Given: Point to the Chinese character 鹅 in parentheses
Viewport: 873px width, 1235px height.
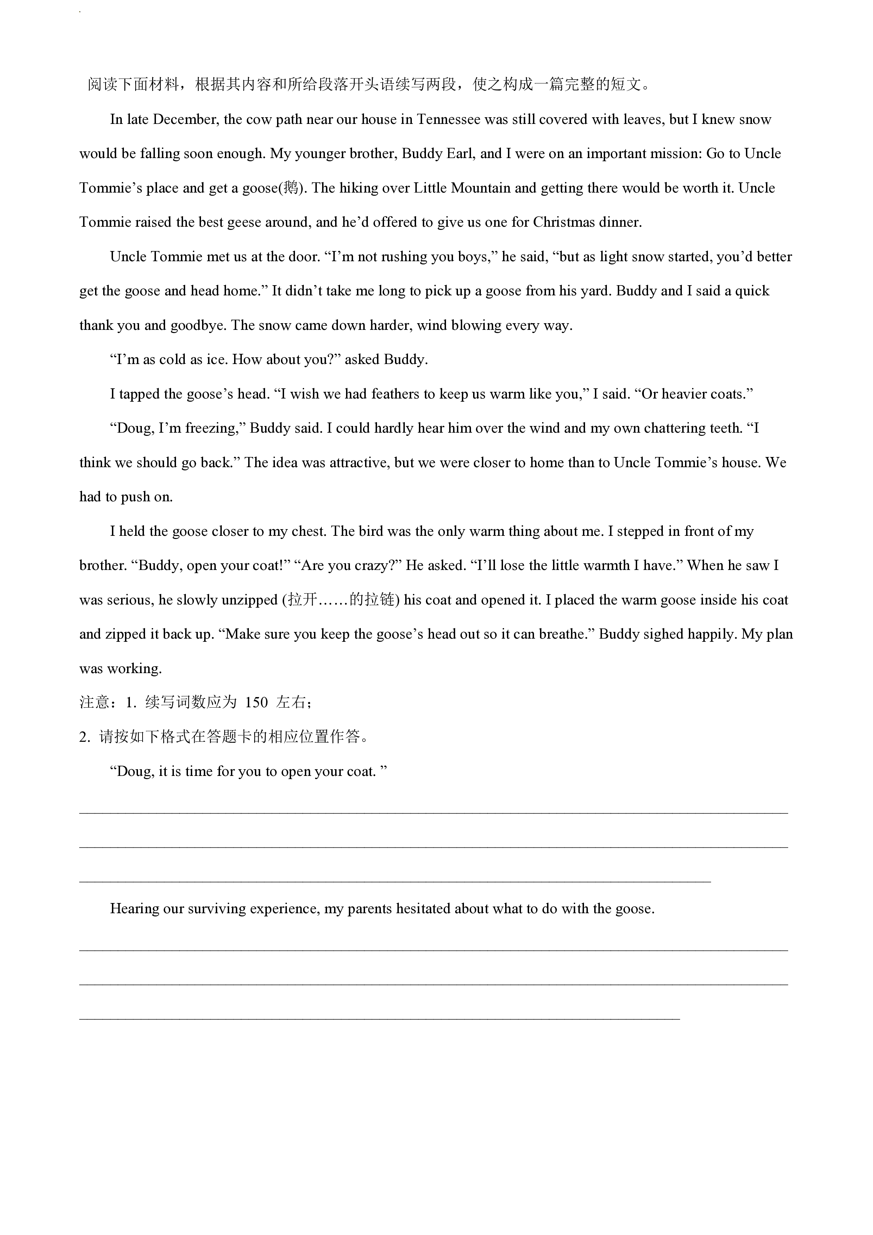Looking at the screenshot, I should pos(290,188).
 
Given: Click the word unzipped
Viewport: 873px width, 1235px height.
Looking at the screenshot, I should pos(249,600).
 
